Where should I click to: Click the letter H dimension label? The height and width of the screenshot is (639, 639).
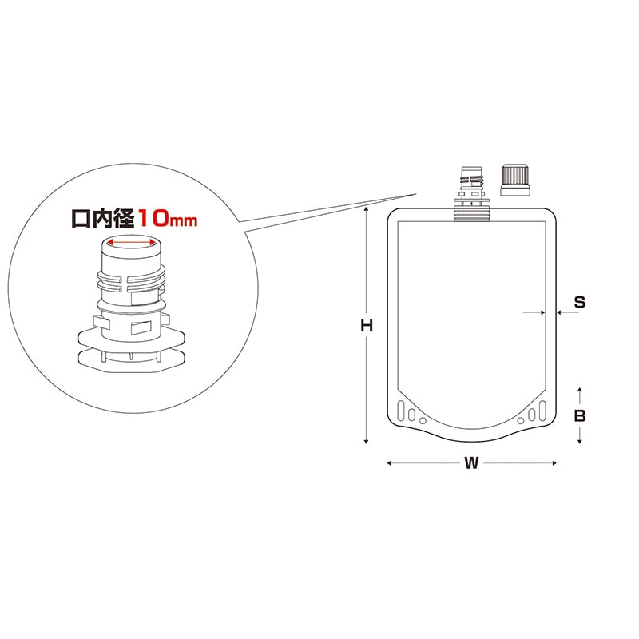point(366,326)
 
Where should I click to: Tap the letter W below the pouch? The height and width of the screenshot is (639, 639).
point(471,463)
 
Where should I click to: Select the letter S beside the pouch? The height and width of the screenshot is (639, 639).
point(581,302)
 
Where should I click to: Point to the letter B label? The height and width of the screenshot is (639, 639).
point(581,415)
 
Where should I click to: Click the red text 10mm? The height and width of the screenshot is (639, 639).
point(166,217)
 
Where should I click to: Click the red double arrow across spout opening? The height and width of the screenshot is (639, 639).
point(130,245)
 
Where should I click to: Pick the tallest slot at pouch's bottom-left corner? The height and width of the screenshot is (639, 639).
point(401,414)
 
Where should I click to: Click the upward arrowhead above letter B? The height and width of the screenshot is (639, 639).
point(581,390)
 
